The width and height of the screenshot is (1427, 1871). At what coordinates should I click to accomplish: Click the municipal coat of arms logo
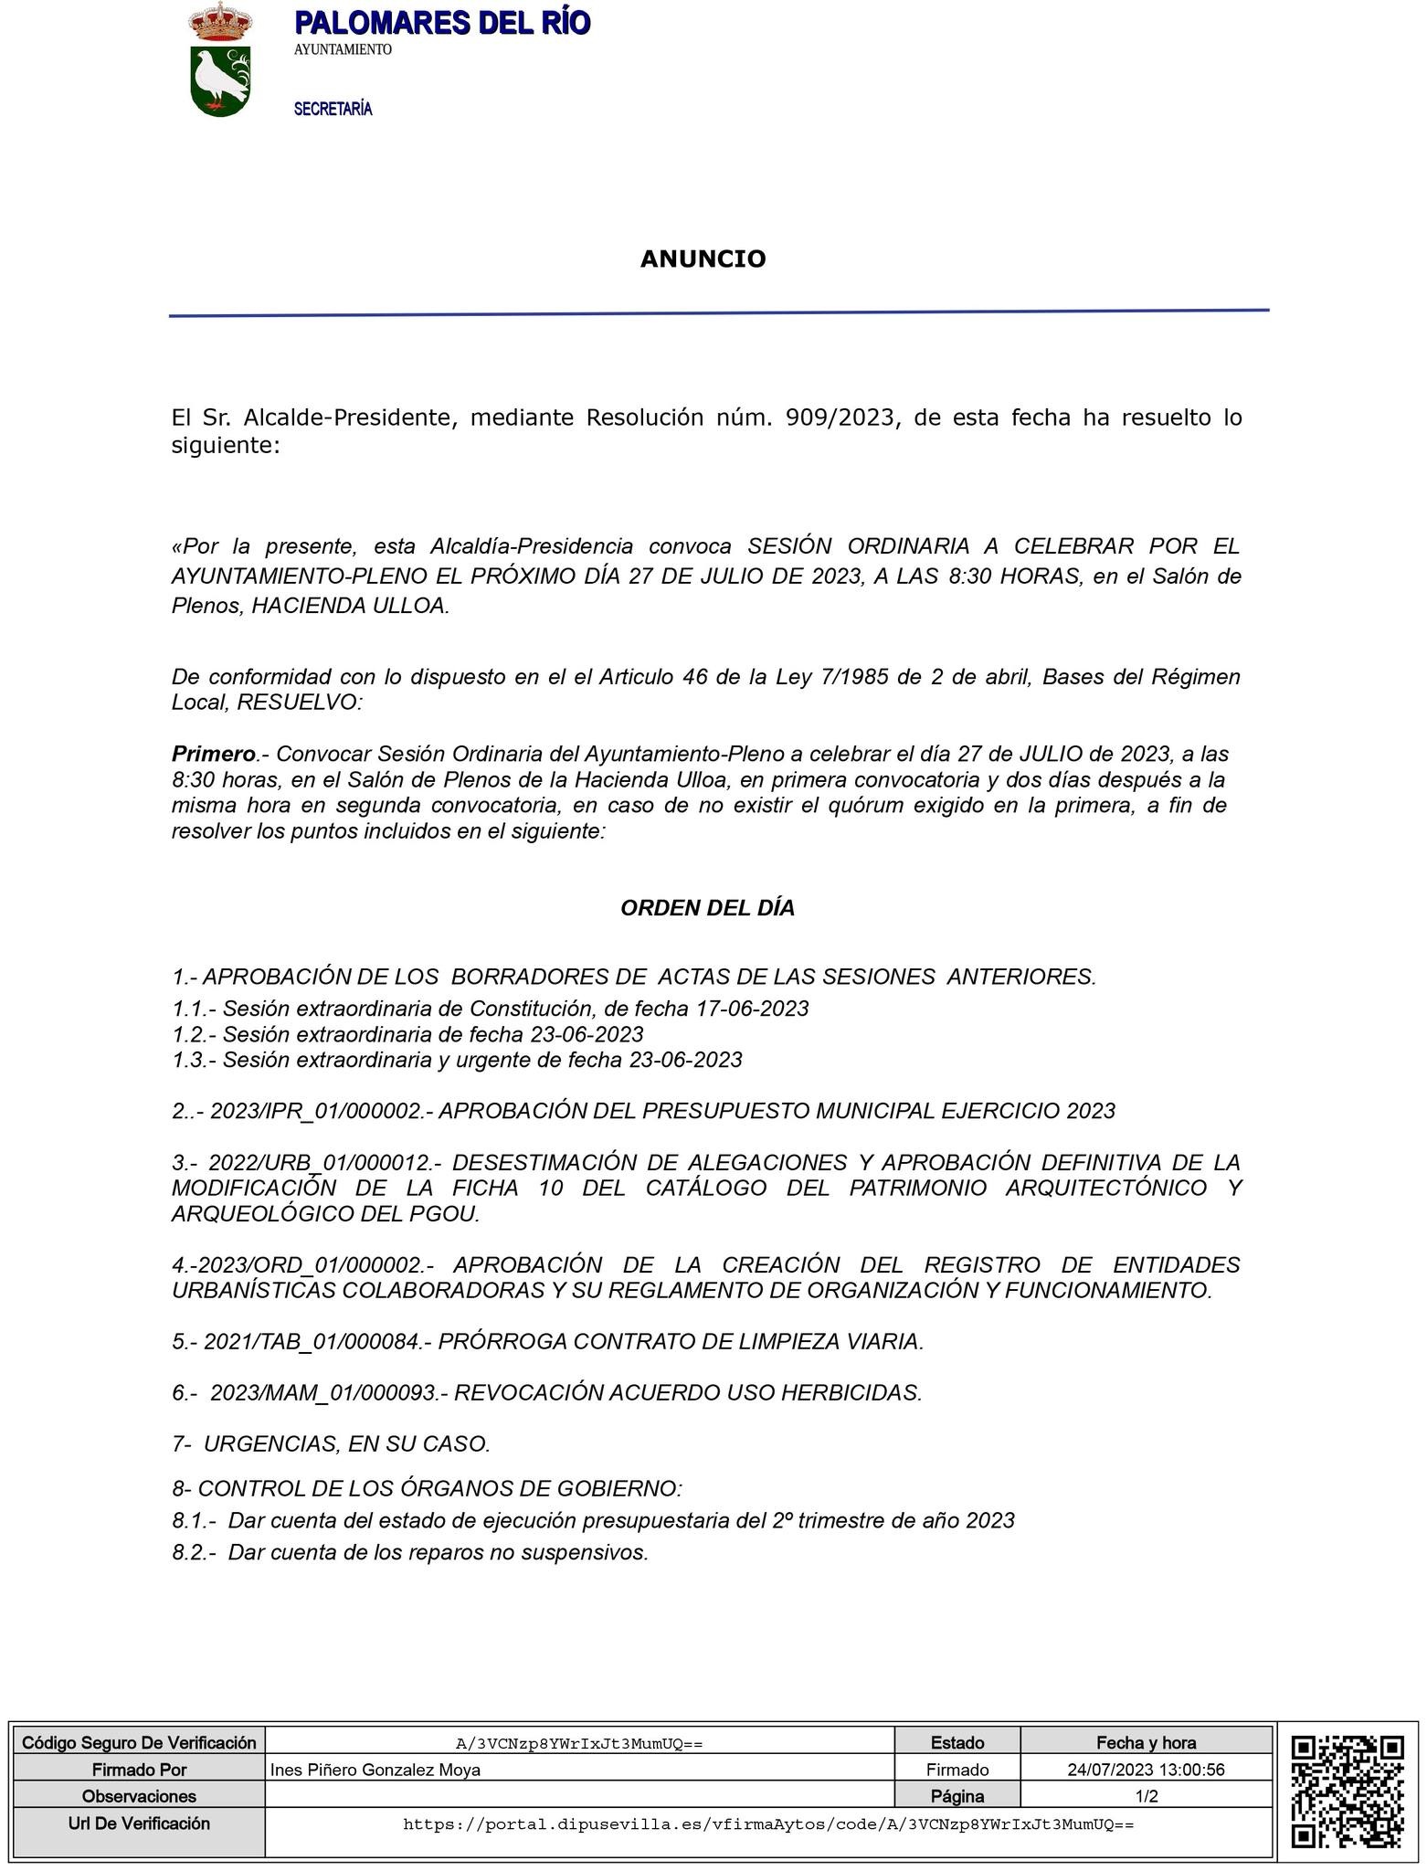pos(220,60)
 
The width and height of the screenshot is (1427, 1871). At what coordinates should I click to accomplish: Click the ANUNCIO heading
pos(703,259)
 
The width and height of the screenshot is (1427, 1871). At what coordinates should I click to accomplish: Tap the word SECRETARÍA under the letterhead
pos(333,110)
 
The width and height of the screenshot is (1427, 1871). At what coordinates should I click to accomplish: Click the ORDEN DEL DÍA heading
pos(707,908)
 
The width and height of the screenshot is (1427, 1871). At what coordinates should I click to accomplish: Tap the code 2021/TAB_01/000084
pos(311,1341)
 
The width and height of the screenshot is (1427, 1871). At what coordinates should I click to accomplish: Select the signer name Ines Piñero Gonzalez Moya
pos(375,1770)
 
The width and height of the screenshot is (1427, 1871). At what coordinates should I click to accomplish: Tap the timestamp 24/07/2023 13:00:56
pos(1146,1770)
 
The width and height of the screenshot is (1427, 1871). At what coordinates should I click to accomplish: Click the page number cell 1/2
pos(1146,1796)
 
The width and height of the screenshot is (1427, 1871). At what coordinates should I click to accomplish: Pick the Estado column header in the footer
pos(957,1742)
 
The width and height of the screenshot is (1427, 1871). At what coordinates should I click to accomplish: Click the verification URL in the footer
pos(767,1824)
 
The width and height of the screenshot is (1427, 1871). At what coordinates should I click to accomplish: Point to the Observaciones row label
pos(139,1796)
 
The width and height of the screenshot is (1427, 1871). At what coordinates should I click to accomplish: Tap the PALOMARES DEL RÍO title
pos(442,23)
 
